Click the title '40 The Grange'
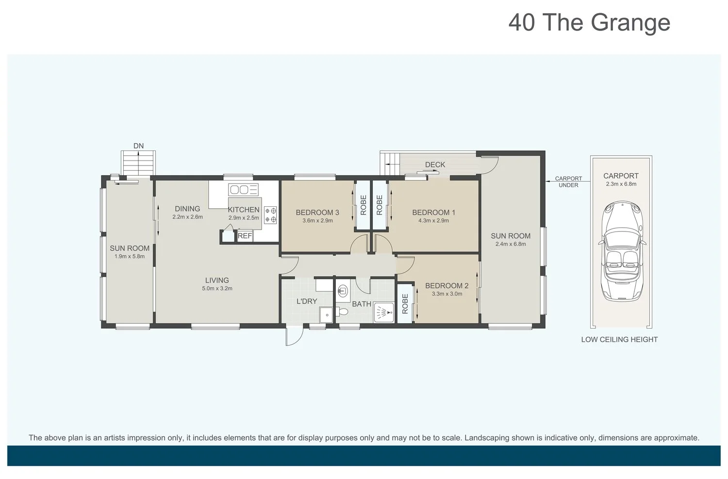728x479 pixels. [x=589, y=23]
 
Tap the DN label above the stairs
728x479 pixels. [x=138, y=146]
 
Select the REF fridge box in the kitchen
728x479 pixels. [x=245, y=236]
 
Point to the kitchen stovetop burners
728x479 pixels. [x=270, y=215]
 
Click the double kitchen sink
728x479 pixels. [x=244, y=189]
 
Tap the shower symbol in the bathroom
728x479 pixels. [x=384, y=312]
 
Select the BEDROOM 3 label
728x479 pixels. [x=317, y=213]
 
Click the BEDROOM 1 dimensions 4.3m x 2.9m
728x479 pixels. [x=433, y=221]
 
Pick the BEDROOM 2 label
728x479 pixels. [x=447, y=286]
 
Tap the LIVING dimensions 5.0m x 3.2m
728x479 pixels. [x=217, y=288]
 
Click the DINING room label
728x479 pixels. [x=187, y=209]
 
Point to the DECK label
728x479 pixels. [x=435, y=165]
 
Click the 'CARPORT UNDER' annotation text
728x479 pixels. [x=568, y=182]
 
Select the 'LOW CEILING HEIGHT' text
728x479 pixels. [x=619, y=340]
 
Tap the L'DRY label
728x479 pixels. [x=307, y=301]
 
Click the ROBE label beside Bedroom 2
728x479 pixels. [x=405, y=304]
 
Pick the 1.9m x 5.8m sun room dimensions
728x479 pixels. [x=130, y=256]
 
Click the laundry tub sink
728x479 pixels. [x=326, y=314]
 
